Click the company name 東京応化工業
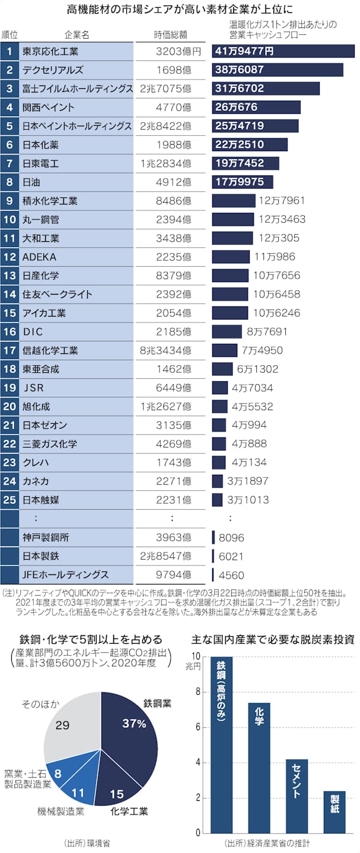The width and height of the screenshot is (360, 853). pos(50,51)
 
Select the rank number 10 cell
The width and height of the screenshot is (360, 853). pos(9,219)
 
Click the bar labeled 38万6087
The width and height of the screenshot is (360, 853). pos(277,70)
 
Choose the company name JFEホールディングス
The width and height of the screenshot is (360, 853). pos(65,574)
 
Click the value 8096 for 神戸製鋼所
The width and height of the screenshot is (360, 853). pos(231,538)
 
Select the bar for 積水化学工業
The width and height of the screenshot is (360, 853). pos(233,201)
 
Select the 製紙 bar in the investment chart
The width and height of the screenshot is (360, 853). pos(334,812)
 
